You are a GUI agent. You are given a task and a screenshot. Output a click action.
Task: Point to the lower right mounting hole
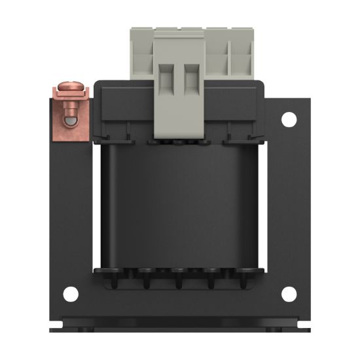[289, 294]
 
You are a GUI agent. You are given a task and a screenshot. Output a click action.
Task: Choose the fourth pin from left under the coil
[213, 283]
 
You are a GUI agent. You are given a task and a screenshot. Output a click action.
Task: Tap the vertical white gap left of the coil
[97, 206]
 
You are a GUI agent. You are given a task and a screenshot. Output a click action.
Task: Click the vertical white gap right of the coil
[262, 206]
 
